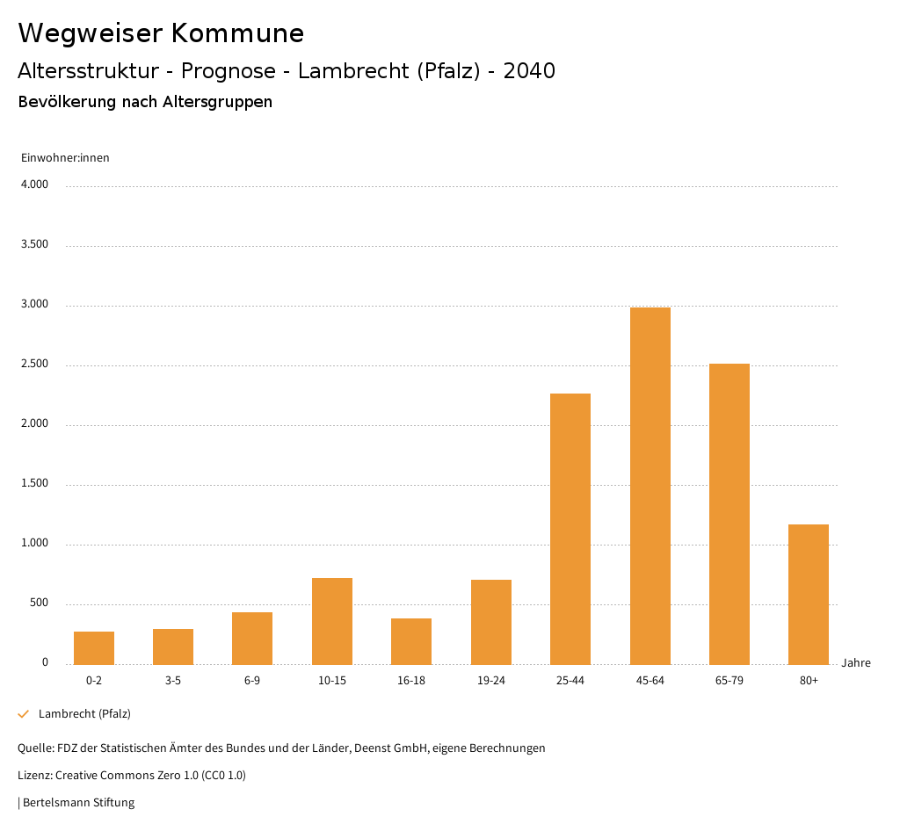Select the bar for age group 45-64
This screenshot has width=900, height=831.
pos(650,486)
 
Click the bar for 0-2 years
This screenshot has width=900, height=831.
pos(94,647)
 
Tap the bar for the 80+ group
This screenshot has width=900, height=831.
pos(809,594)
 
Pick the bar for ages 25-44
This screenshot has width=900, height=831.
pos(570,529)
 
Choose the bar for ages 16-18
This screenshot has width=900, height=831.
pos(411,641)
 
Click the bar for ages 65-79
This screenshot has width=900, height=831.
pos(729,514)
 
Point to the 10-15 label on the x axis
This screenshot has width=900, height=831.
pos(332,681)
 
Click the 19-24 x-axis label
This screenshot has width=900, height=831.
pos(491,681)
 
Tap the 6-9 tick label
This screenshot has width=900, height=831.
pos(252,681)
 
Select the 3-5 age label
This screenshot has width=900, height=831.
pos(173,681)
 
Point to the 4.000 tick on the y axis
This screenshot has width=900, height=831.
pos(34,185)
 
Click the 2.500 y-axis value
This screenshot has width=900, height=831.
pos(34,365)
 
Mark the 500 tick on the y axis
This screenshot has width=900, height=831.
pos(39,603)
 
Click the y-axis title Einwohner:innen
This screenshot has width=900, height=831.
pos(65,158)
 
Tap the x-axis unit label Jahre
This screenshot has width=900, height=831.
pos(856,663)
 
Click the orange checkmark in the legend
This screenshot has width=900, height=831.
pos(24,714)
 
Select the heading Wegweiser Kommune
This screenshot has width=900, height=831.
pos(161,33)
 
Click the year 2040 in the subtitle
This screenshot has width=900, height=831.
pos(529,71)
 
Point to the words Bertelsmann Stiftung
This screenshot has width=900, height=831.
pos(78,803)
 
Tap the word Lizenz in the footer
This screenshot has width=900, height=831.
pos(34,776)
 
